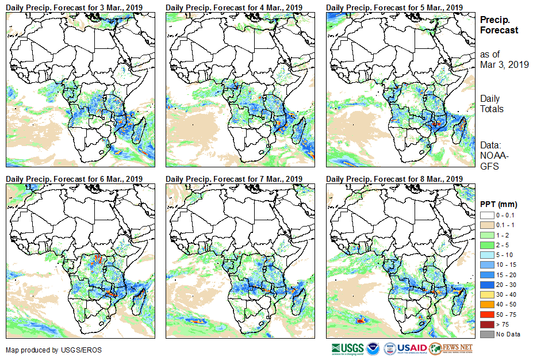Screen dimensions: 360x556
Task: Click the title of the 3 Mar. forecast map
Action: coord(74,7)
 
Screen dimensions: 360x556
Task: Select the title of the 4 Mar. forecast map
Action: coord(234,7)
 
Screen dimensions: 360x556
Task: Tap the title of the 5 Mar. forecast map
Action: coord(394,7)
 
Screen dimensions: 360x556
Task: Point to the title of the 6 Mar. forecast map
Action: coord(74,179)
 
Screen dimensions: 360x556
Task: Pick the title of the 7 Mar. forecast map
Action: coord(234,179)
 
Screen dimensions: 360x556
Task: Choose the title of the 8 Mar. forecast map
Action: coord(394,179)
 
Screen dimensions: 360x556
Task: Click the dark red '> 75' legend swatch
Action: coord(486,325)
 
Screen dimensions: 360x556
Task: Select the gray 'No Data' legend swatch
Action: coord(486,334)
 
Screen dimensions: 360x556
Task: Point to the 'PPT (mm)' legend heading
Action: coord(499,204)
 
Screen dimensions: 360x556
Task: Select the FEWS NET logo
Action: coord(451,348)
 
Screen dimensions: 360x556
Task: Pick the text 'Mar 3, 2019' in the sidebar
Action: coord(504,64)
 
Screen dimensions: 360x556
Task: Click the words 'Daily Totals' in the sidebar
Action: coord(492,104)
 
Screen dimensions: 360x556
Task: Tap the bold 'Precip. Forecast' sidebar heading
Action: coord(499,25)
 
